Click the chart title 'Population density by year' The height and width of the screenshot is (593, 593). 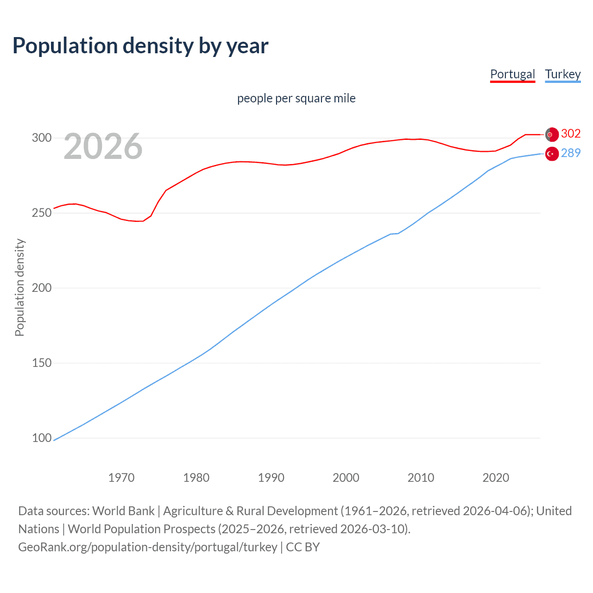(140, 46)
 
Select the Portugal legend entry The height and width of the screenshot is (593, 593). (512, 74)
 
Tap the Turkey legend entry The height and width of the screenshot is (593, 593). (562, 74)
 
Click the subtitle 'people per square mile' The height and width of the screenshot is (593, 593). (296, 98)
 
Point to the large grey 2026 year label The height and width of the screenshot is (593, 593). (103, 146)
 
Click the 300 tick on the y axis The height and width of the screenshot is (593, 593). (41, 138)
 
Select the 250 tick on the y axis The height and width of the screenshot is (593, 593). (41, 213)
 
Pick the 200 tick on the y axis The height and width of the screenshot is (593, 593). (41, 288)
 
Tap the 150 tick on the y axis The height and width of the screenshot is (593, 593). (41, 363)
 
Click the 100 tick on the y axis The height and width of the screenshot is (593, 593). (41, 438)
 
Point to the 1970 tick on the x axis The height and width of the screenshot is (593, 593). (121, 478)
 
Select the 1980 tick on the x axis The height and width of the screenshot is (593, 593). (196, 478)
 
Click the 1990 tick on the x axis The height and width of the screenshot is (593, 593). (271, 478)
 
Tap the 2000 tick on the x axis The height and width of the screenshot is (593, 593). (346, 478)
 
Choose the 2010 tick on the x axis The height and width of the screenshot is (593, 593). (421, 478)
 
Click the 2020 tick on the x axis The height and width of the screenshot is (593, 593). (496, 478)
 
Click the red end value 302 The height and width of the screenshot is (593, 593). (571, 134)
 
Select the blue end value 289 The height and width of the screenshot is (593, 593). (571, 153)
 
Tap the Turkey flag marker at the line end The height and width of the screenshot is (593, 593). (552, 154)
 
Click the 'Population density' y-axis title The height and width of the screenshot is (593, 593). (19, 287)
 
